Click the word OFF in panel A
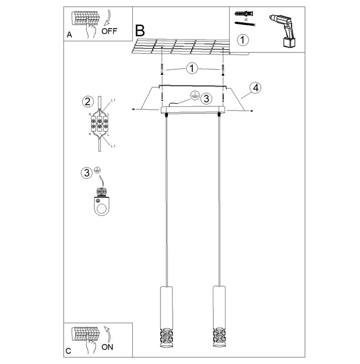point(109,31)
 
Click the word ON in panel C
point(107,347)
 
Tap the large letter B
point(140,30)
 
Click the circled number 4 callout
point(255,88)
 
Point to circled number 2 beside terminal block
point(87,102)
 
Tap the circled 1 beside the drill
point(242,40)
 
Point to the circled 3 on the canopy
point(206,98)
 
